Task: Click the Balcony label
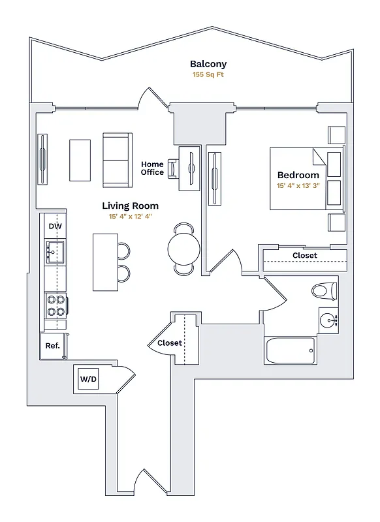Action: pos(208,64)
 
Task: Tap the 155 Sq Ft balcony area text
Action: pos(208,76)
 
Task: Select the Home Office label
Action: pos(152,168)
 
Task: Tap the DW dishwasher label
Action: pos(55,226)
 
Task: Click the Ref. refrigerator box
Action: pos(52,346)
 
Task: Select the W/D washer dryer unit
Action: pos(88,379)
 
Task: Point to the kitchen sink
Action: pos(55,251)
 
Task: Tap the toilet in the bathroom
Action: pos(323,289)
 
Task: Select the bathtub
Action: pos(290,351)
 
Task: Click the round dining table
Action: pos(183,248)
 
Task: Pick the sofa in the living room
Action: pos(118,159)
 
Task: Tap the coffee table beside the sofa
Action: pos(80,161)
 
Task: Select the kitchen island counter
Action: pos(104,262)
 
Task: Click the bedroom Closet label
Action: pos(305,255)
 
